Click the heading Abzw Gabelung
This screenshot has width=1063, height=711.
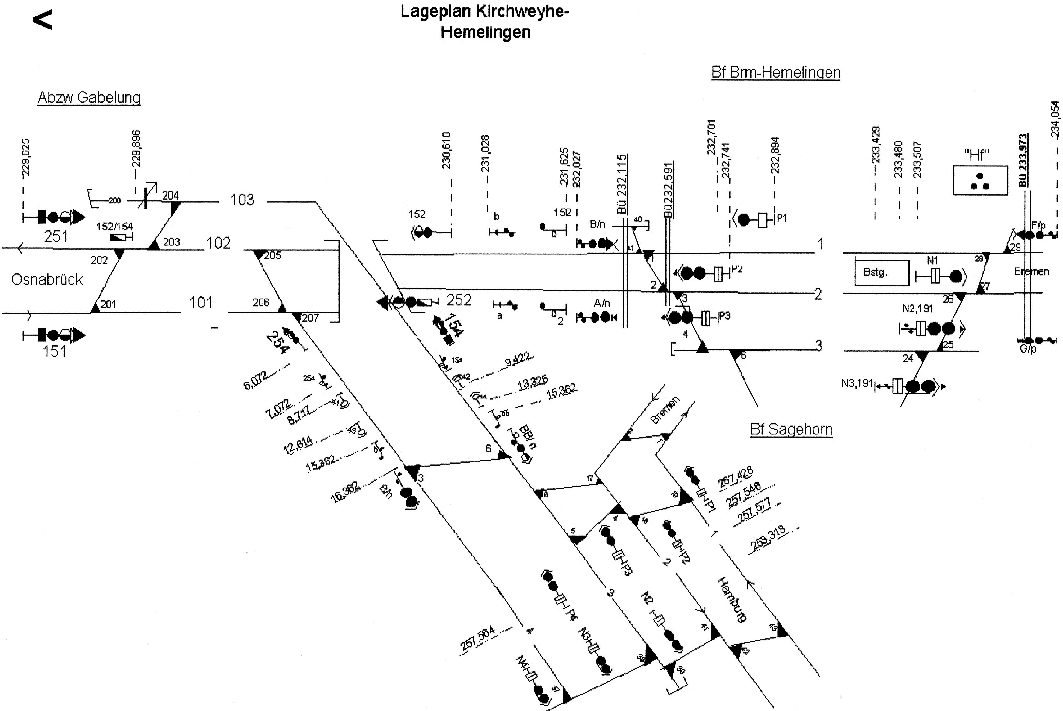[89, 97]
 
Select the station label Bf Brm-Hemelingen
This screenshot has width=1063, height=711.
[776, 73]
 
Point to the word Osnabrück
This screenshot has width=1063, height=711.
[47, 279]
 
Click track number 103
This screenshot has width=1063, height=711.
[242, 200]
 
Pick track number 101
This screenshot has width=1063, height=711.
[201, 303]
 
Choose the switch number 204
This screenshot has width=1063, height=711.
[170, 196]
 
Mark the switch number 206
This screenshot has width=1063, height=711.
[261, 303]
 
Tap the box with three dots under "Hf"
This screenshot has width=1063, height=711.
[980, 181]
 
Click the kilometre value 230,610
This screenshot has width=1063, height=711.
[446, 151]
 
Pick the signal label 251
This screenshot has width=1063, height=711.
[56, 236]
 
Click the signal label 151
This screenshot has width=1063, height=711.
[54, 351]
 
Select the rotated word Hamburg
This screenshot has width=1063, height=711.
[732, 600]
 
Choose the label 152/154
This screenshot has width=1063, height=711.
[115, 226]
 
